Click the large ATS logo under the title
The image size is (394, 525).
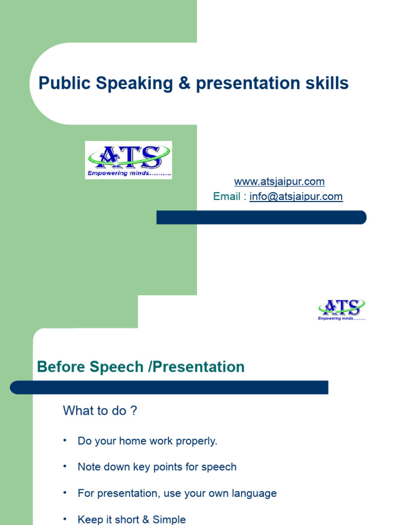[x=128, y=159]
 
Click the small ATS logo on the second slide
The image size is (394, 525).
[x=342, y=310]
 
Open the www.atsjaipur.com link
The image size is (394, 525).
[x=279, y=181]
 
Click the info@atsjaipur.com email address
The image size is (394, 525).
[x=296, y=196]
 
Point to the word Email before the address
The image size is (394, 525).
[x=227, y=196]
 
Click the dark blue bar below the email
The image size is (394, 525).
[x=262, y=217]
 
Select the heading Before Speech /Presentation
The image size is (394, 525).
[x=141, y=367]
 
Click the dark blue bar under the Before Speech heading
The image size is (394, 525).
[x=169, y=388]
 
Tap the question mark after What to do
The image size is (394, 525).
[x=134, y=411]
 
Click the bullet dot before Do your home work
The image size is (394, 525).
[x=65, y=440]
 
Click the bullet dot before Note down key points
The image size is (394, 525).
[x=65, y=466]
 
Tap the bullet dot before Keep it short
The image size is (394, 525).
[x=65, y=519]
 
